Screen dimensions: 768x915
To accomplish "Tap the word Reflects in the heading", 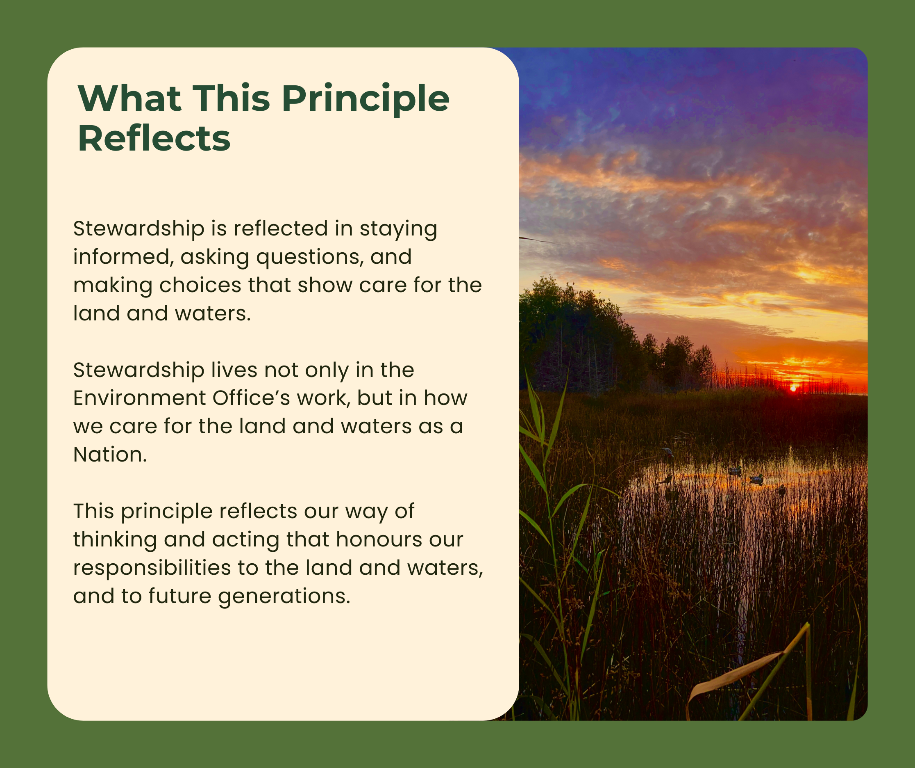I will tap(154, 139).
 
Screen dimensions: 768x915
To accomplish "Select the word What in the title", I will tap(129, 98).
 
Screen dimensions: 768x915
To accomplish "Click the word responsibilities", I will tap(152, 568).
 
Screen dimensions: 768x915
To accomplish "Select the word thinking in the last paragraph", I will tap(115, 540).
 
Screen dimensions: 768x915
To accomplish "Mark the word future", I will tap(179, 596).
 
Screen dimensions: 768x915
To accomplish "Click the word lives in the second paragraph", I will tap(234, 370).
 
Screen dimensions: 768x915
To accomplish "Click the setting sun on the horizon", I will tap(793, 388).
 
